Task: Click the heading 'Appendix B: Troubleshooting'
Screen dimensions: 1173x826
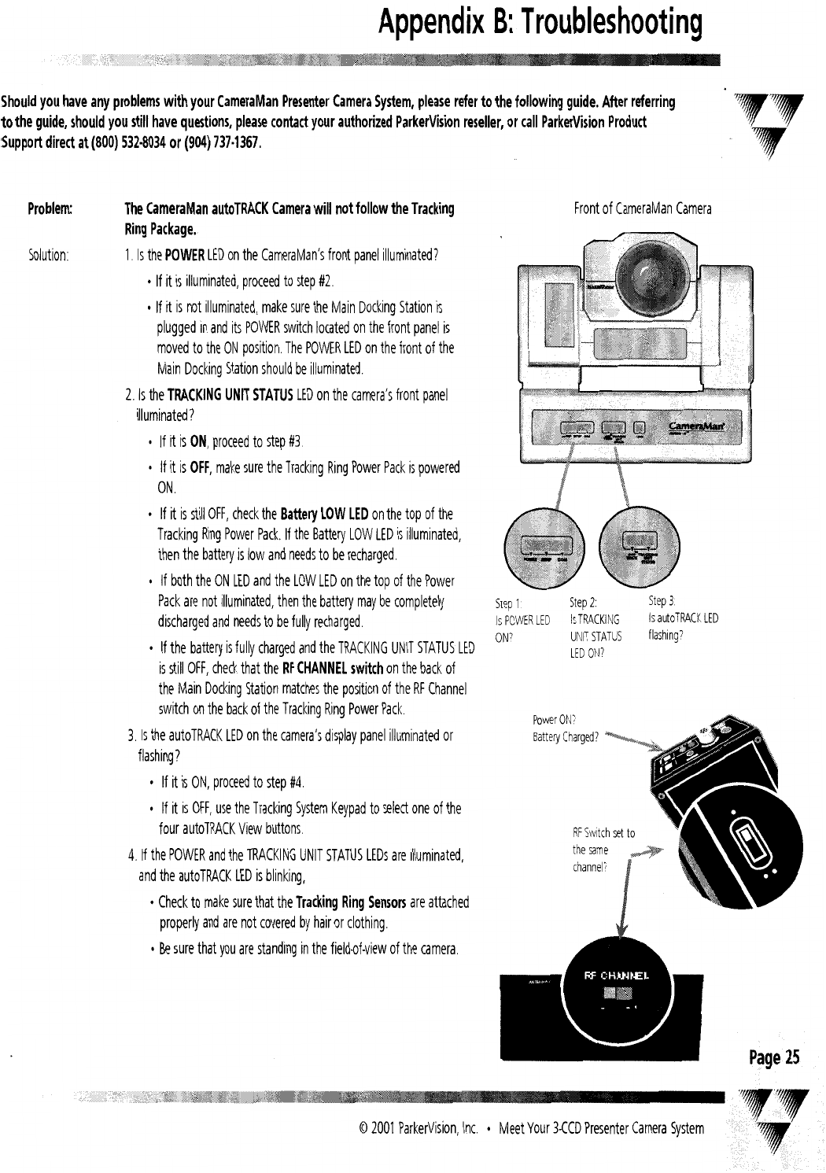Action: pos(539,25)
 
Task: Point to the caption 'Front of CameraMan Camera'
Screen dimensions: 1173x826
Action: pos(643,209)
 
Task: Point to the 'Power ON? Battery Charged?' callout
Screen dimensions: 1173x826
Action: pos(566,729)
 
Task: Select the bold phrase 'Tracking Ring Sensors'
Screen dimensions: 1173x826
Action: pos(362,902)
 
